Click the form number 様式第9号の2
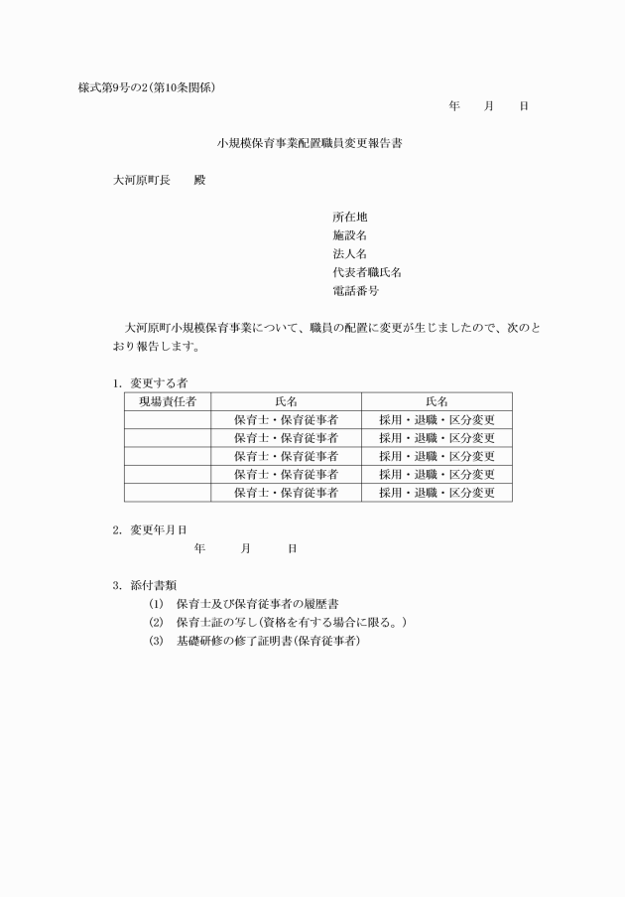[115, 87]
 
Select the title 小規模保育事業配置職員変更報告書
[311, 143]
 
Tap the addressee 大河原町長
[141, 181]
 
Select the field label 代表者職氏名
[367, 273]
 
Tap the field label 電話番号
[356, 292]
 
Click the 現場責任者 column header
[167, 401]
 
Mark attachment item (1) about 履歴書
[244, 604]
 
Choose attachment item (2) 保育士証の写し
[278, 623]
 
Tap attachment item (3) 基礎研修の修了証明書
[254, 642]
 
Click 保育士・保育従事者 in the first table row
[286, 420]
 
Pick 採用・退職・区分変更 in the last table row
[437, 493]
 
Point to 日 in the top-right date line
[524, 105]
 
